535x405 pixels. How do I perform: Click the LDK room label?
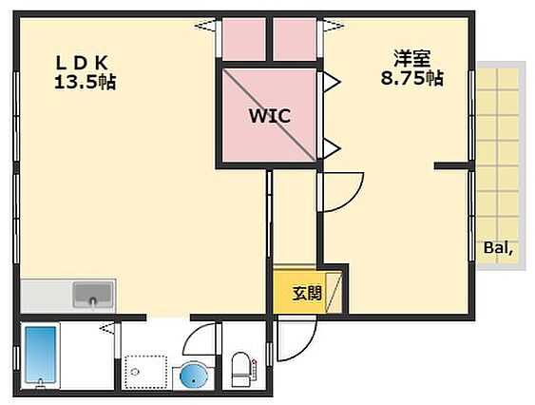82,63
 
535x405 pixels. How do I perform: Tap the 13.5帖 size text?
85,82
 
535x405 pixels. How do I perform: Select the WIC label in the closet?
270,116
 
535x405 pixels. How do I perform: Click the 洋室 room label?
411,59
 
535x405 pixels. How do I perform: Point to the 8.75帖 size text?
411,78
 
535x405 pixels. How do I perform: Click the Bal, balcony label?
498,248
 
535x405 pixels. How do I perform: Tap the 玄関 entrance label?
307,293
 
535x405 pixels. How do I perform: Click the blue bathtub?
41,356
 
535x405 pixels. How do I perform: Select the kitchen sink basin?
93,295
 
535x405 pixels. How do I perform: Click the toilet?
240,370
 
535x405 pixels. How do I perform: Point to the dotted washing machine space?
145,373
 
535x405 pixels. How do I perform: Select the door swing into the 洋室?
354,199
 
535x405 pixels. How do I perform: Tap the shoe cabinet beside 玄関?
334,293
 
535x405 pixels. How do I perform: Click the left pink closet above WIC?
243,40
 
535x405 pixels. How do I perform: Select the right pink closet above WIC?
295,40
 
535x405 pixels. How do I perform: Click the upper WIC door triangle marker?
332,82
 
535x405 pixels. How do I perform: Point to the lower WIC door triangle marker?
332,148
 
